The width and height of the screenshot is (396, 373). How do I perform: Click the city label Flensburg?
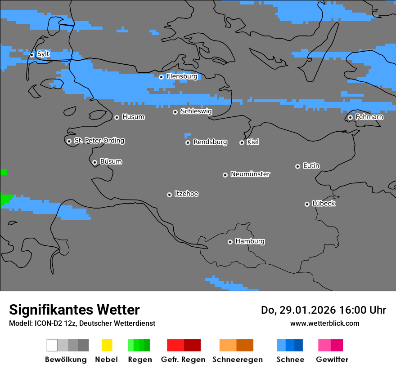coord(182,76)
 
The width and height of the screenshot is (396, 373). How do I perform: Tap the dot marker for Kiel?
coord(242,142)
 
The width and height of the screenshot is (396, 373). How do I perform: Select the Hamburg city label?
coord(250,241)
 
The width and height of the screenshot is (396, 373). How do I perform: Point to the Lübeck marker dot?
coord(307,204)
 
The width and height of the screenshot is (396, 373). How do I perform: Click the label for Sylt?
coord(43,54)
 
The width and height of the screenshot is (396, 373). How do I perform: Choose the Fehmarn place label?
coord(369,117)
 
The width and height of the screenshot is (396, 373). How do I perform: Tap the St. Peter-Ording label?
coord(99,141)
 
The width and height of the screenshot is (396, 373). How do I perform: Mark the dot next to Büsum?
coord(94,162)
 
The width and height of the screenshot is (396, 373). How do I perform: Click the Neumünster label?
coord(250,174)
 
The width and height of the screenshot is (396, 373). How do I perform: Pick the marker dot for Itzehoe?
coord(169,195)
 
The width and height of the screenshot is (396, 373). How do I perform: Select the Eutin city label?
coord(311,166)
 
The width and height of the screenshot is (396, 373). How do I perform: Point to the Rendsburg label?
coord(210,142)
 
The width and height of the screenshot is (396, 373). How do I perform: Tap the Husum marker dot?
coord(117,117)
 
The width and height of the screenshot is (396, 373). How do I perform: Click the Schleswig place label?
coord(196,111)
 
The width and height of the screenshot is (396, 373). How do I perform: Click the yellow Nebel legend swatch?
coord(107,345)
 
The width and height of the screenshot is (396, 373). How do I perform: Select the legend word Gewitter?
coord(332,360)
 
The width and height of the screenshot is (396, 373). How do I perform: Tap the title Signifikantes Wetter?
coord(74,310)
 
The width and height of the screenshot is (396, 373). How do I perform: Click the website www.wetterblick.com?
coord(324,323)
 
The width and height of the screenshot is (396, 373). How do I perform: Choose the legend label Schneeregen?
coord(238,360)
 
